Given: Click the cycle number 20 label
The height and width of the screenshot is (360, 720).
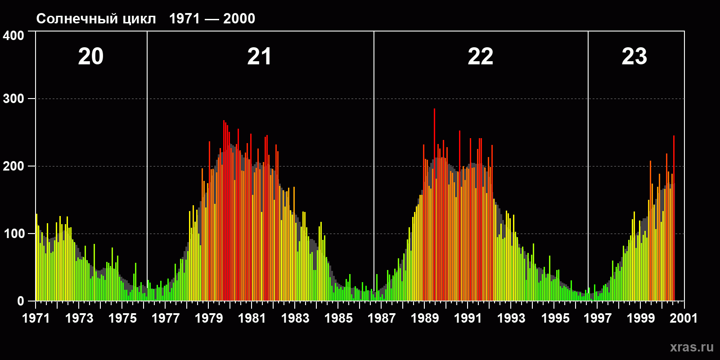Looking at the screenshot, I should (x=91, y=57).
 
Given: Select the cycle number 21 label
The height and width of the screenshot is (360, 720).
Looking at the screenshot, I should (x=259, y=57).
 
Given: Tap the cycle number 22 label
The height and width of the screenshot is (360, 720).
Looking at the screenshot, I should (x=480, y=57).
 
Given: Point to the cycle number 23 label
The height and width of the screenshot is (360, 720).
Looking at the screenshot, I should (x=634, y=57).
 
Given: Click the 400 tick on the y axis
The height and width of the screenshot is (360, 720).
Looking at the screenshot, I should (x=13, y=36).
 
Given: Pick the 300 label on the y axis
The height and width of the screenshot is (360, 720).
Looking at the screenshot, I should (x=13, y=99).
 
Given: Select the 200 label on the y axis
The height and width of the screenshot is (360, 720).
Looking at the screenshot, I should (x=13, y=166).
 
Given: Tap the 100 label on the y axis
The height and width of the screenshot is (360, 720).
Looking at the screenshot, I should (x=13, y=234).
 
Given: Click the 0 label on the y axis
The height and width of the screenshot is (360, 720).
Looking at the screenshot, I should (x=21, y=301).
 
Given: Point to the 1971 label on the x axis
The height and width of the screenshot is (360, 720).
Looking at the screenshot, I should (x=36, y=318).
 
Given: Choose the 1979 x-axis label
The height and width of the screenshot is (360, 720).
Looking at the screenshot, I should (x=209, y=318).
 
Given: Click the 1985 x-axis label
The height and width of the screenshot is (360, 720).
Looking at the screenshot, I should (x=338, y=318).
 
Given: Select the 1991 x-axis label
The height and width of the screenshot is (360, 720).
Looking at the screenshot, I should (x=468, y=318).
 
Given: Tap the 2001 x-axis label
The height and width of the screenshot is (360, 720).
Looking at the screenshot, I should (x=684, y=318).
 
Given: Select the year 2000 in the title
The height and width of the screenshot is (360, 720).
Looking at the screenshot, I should (x=239, y=18).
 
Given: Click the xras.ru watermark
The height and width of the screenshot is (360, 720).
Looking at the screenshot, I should (x=692, y=347).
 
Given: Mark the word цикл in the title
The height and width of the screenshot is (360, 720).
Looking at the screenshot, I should (x=139, y=19).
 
